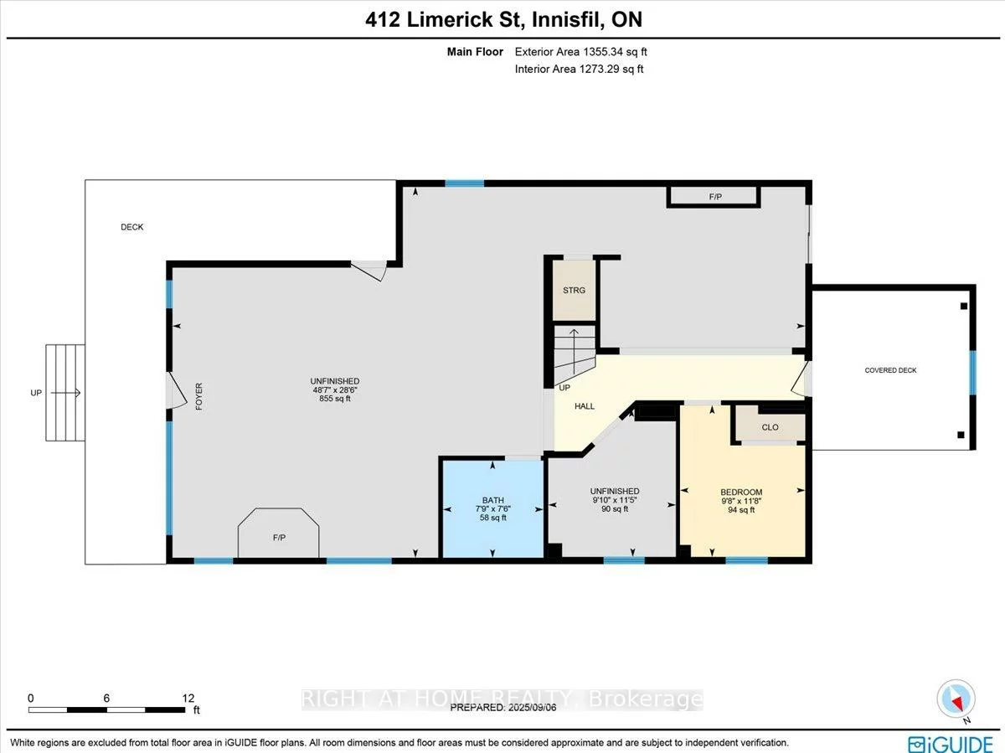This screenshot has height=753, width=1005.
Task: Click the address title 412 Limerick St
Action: (503, 19)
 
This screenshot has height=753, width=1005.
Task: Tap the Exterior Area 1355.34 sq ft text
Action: (580, 52)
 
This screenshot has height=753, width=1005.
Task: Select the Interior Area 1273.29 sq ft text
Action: (579, 70)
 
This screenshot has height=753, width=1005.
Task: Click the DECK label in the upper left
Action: (131, 227)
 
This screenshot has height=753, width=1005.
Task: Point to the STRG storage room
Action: (574, 290)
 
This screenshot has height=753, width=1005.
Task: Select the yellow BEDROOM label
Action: (741, 492)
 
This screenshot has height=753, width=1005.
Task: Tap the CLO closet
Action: (770, 427)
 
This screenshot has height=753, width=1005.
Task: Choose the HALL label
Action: (585, 406)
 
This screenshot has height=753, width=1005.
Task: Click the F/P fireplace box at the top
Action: (714, 198)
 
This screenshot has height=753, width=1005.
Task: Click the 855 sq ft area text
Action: (334, 399)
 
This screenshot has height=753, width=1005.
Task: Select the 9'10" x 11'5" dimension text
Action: (614, 500)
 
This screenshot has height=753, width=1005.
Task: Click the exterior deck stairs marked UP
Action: (64, 392)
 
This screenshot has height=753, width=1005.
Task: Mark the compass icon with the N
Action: (955, 699)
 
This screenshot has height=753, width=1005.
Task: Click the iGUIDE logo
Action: (951, 742)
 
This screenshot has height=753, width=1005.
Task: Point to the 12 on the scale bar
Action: (188, 698)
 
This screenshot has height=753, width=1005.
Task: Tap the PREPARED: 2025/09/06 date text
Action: (502, 707)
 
